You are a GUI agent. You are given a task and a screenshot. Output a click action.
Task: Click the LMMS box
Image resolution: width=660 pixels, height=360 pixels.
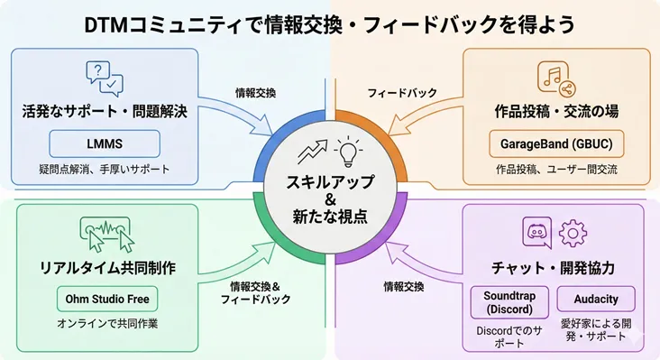105,143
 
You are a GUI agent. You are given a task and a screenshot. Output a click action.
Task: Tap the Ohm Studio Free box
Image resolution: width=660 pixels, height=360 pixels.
105,299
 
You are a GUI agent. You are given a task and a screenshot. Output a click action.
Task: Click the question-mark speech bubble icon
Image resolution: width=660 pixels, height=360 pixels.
104,78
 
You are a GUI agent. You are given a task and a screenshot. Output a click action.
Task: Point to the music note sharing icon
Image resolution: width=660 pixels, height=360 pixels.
555,78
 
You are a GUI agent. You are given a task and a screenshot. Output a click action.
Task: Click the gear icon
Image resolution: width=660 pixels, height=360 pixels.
573,234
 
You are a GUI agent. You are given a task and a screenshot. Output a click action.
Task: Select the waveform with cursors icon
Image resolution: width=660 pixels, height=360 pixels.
105,235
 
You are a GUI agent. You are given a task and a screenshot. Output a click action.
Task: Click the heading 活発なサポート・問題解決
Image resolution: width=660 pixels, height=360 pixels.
105,114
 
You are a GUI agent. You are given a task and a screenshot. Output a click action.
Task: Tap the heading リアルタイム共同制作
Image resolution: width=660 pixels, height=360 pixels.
105,269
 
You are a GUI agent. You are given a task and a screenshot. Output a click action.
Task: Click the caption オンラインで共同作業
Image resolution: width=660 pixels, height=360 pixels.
105,325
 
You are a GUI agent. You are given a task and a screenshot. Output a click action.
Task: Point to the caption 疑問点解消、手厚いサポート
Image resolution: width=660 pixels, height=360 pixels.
105,169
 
